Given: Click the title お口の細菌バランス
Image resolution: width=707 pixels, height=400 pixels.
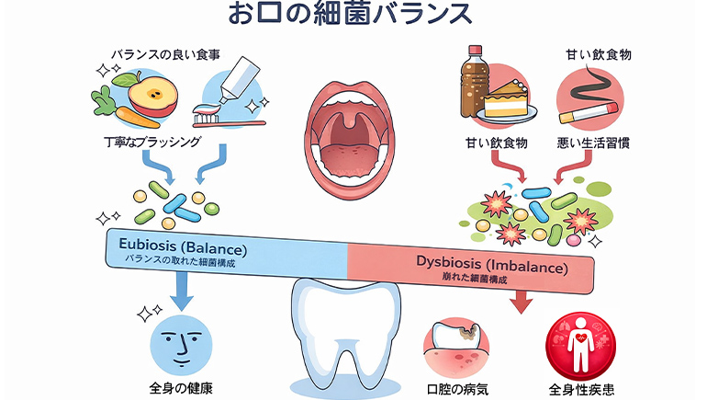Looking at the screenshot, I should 353,16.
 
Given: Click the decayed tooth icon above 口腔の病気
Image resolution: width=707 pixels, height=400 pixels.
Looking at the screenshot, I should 459,345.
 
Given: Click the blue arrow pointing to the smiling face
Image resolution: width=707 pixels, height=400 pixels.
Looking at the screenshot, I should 182,294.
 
